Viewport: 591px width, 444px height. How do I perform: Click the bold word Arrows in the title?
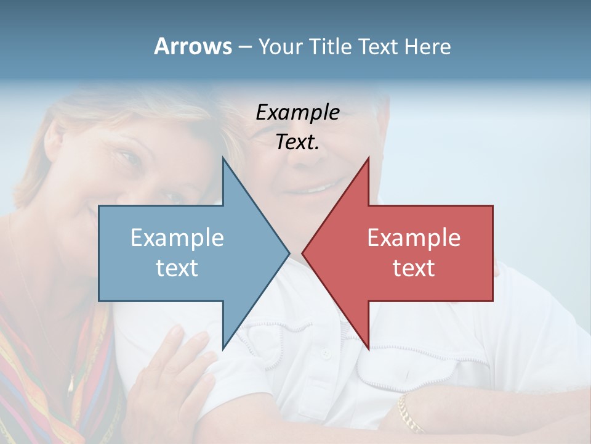click(193, 46)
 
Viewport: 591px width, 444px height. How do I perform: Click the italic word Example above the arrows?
click(297, 112)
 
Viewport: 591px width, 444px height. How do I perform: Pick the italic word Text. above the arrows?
click(297, 142)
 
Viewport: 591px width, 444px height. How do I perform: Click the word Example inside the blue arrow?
click(177, 238)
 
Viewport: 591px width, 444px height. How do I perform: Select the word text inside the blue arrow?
click(177, 268)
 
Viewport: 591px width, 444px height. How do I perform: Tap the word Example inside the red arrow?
click(414, 238)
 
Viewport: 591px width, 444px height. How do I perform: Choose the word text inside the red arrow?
click(414, 268)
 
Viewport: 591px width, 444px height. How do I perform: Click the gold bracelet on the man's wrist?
click(409, 414)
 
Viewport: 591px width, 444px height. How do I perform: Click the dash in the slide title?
click(244, 47)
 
